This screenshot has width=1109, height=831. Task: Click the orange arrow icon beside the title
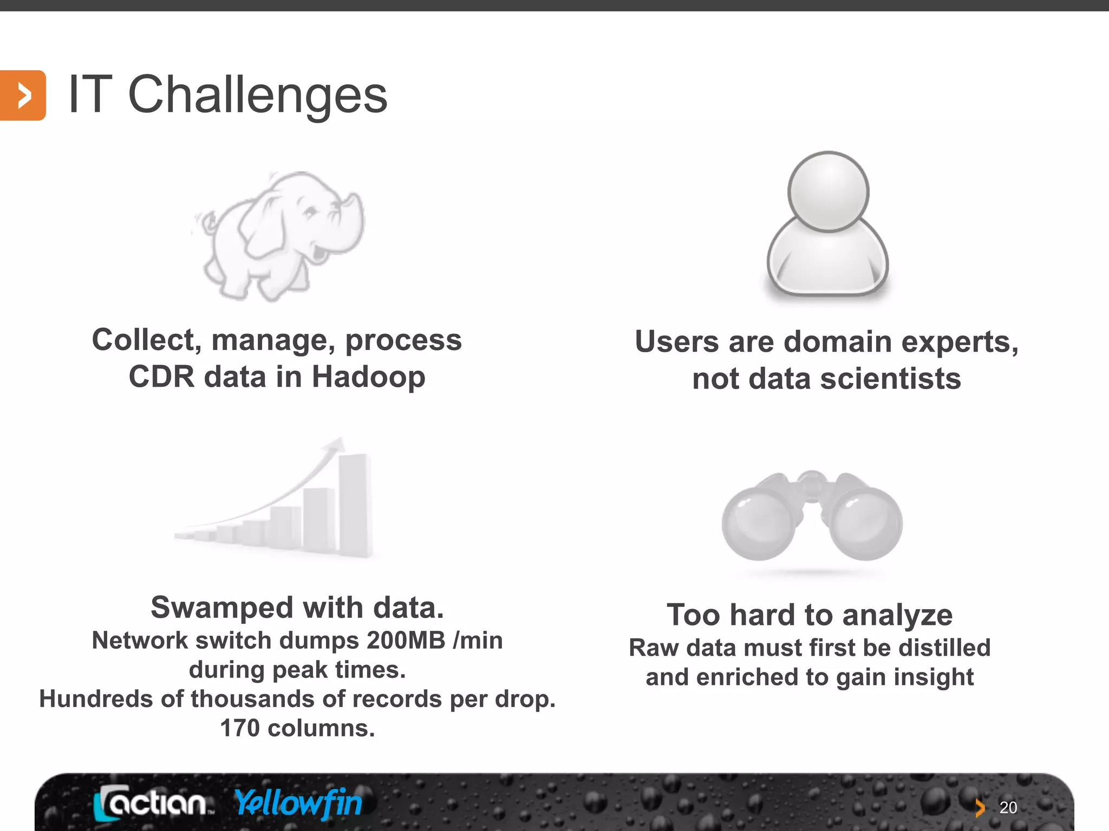[23, 96]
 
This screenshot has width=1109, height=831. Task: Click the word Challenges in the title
[258, 95]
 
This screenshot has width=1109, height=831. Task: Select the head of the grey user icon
[828, 192]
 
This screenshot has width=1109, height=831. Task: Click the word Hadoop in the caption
[368, 377]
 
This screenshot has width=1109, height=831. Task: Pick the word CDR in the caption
[161, 377]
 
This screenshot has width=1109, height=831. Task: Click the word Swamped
[222, 608]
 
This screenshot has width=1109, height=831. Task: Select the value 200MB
[406, 641]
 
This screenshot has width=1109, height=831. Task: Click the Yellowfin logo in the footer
[298, 803]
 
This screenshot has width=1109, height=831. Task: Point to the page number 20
[1008, 808]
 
